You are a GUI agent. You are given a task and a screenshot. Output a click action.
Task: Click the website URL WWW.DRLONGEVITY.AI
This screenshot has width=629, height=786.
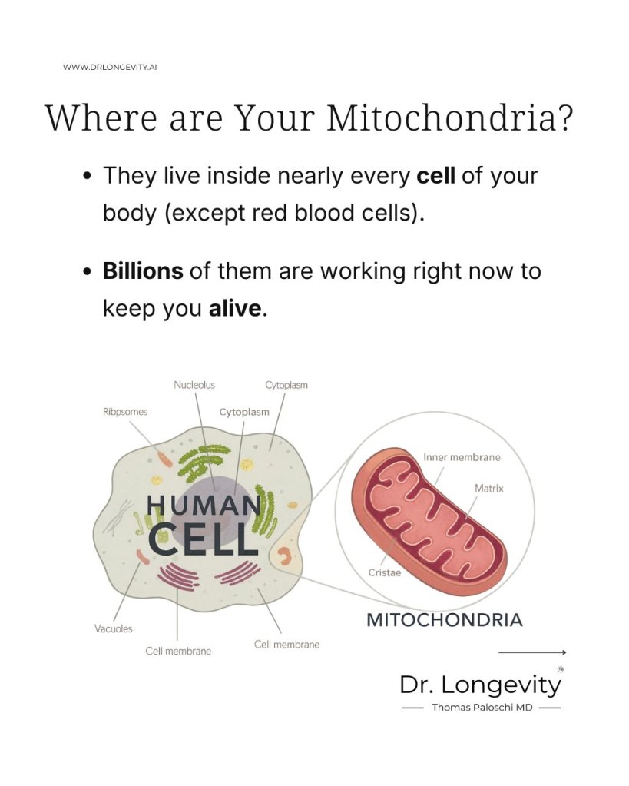tap(110, 67)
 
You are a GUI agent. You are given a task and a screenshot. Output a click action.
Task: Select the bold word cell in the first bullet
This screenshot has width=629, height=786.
tap(435, 175)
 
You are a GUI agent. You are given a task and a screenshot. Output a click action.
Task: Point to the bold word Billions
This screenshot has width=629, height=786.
tap(143, 271)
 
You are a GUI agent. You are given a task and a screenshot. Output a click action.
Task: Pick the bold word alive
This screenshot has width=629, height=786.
tap(235, 308)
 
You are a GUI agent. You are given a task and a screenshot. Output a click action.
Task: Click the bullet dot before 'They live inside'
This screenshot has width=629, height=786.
tap(88, 177)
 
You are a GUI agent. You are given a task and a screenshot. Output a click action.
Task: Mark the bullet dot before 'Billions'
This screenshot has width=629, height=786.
tap(88, 272)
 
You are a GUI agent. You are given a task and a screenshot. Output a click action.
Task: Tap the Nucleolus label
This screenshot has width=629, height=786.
tap(194, 385)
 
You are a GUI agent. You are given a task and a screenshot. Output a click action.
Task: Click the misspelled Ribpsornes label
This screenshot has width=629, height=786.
tap(125, 412)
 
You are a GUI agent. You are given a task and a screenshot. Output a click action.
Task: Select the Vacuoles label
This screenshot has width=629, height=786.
tap(113, 628)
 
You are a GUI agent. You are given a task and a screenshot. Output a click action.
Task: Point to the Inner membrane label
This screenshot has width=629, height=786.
tap(462, 457)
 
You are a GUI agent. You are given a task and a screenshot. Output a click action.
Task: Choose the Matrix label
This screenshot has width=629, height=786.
tap(488, 488)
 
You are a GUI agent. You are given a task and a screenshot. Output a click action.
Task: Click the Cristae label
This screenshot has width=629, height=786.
tap(385, 573)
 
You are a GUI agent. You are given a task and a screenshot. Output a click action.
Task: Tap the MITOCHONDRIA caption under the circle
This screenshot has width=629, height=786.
tap(445, 621)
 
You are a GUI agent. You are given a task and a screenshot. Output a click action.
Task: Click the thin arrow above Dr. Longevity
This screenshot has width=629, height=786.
tap(532, 652)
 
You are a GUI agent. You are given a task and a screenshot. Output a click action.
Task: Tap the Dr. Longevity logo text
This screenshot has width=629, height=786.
tap(480, 685)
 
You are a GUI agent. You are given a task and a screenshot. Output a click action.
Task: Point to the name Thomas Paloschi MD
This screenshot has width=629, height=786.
tap(482, 708)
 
